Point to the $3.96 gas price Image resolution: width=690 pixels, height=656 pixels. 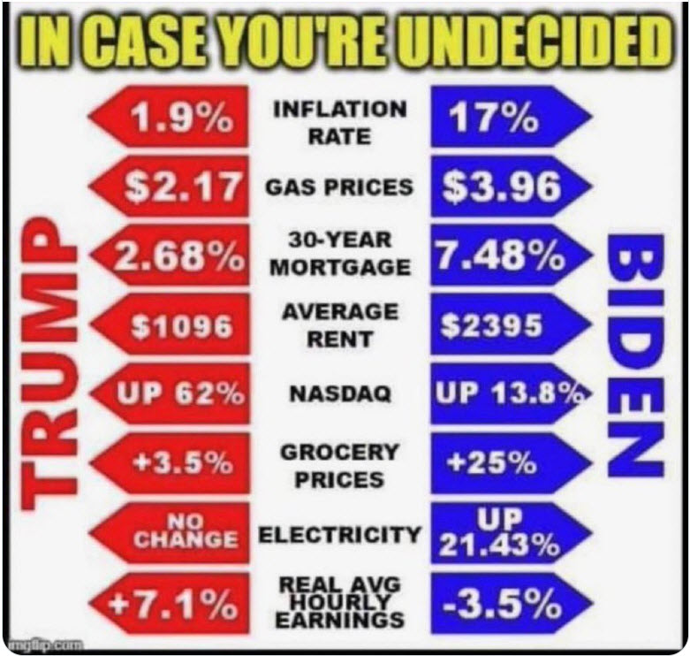500,187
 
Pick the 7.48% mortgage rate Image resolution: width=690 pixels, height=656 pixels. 500,256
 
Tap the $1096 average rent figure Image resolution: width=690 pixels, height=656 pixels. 182,327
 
